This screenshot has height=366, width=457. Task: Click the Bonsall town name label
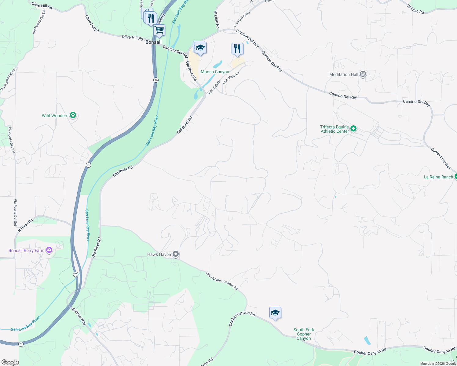click(153, 42)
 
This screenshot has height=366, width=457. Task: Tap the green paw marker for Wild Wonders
click(73, 115)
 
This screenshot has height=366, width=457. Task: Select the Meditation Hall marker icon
click(363, 74)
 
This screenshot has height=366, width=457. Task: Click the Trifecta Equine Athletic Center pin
click(353, 129)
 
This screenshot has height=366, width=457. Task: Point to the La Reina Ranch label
click(438, 177)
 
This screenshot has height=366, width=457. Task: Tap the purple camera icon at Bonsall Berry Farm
click(49, 250)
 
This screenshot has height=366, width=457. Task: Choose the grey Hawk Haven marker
click(176, 254)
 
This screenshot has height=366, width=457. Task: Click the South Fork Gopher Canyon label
click(304, 334)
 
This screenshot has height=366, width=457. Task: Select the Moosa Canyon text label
click(215, 72)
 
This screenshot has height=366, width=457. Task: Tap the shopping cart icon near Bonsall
click(159, 30)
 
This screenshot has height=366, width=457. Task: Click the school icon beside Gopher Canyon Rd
click(275, 313)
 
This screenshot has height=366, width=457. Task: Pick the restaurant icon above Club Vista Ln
click(237, 48)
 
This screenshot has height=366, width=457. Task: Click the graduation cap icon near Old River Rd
click(200, 48)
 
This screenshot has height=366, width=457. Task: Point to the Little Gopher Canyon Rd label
click(221, 281)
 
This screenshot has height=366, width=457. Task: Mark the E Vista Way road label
click(79, 317)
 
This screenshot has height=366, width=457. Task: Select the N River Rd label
click(25, 226)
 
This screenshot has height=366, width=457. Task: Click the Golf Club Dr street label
click(214, 87)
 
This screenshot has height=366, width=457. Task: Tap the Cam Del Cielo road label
click(242, 19)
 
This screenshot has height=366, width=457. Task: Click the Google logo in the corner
click(10, 362)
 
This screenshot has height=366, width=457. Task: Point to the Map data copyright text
click(438, 364)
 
